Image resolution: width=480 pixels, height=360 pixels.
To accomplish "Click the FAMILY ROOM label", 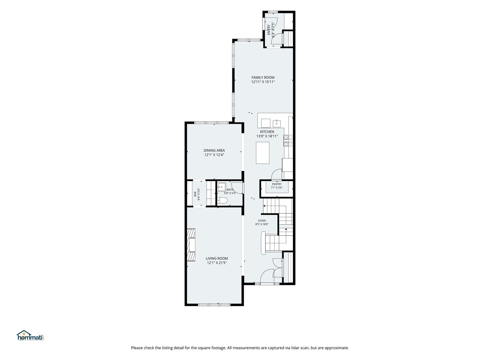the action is point(263,77).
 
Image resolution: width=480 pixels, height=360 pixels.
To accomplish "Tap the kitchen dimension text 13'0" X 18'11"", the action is point(267,136).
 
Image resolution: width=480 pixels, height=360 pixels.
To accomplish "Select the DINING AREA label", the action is point(214,150).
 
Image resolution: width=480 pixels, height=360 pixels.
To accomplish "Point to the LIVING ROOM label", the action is point(217,258).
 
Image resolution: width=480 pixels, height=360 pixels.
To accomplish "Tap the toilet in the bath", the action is point(223,200).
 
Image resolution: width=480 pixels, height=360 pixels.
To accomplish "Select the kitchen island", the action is point(262,153).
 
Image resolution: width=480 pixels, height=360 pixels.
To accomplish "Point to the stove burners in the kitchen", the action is point(288,141).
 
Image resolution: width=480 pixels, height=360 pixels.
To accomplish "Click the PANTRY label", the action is point(277,184).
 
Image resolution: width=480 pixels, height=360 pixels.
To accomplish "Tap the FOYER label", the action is point(262,221).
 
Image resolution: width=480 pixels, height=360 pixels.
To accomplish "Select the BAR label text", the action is point(195,194).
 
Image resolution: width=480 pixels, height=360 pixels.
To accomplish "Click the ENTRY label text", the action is point(269,30).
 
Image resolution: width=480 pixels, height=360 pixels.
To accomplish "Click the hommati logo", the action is point(31,335).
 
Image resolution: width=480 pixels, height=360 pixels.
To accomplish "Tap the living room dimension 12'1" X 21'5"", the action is point(217,263).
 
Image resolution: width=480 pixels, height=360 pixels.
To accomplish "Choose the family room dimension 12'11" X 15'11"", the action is point(263,82).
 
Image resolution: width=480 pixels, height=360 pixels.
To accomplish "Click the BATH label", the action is point(230,190).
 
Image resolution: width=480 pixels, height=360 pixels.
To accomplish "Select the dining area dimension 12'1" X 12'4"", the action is point(214,155).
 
